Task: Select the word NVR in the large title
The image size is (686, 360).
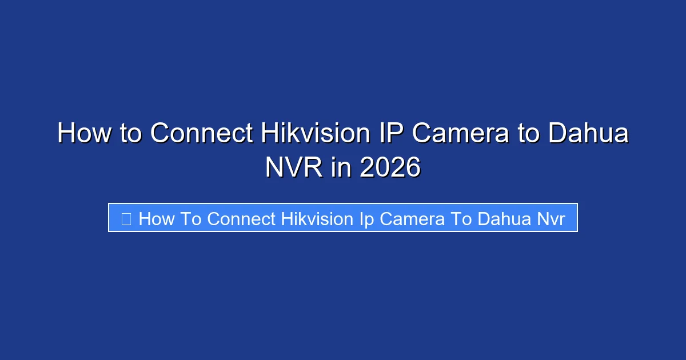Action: point(293,167)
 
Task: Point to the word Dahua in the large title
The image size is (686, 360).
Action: point(588,134)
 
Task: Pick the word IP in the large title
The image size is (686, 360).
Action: point(392,134)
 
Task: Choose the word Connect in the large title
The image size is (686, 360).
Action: point(201,134)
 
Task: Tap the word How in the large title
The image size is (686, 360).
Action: point(84,134)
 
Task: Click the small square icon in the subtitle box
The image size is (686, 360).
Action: point(126,218)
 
